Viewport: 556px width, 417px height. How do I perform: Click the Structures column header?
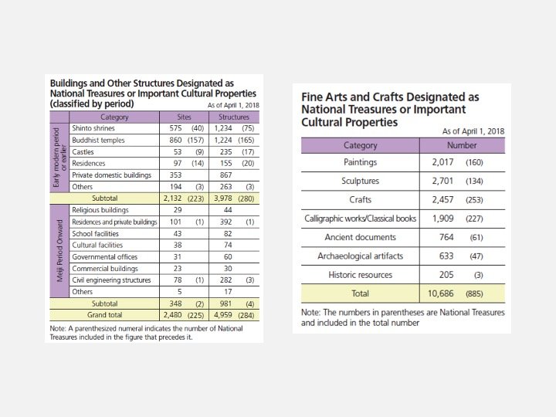[x=233, y=117]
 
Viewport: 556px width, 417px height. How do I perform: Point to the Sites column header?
[x=185, y=117]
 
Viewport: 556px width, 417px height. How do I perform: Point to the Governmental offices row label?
[x=101, y=256]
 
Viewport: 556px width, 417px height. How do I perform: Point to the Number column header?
[x=462, y=145]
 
